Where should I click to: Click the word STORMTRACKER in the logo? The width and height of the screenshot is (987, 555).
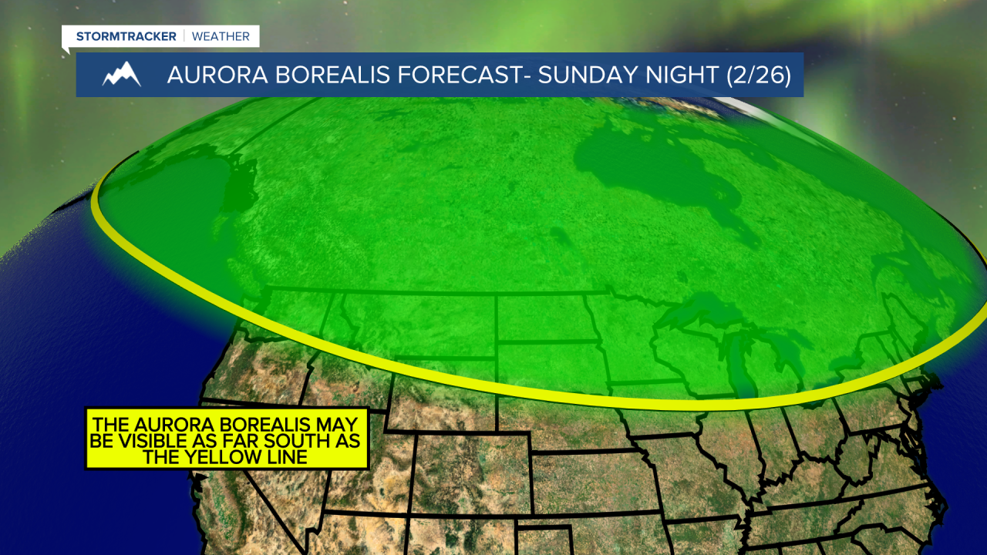126,36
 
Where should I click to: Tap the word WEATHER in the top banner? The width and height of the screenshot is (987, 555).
221,36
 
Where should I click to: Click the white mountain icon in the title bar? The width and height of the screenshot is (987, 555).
121,74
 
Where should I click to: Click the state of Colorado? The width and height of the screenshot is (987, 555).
470,470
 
